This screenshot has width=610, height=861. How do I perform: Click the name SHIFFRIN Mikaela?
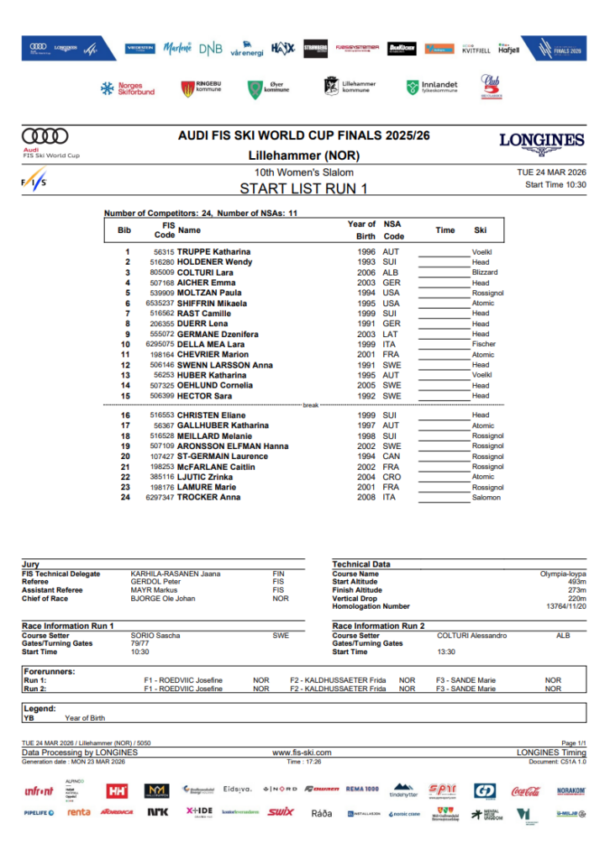click(212, 304)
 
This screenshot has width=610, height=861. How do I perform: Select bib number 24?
click(127, 498)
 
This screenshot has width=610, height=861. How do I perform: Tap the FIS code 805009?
click(162, 272)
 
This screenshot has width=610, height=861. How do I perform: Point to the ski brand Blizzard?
click(484, 272)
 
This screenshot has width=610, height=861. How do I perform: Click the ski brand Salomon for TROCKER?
click(486, 498)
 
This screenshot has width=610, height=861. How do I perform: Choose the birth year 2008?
click(366, 498)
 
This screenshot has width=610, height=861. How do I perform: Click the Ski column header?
click(480, 230)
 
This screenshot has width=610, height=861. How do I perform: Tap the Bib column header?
click(124, 230)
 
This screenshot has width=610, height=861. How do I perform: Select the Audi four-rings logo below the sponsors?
click(45, 136)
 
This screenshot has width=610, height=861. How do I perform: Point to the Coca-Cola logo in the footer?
click(525, 791)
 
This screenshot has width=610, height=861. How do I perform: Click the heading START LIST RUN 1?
click(303, 188)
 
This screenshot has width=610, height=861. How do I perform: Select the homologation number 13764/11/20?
click(565, 606)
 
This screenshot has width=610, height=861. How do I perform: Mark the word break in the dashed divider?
click(311, 404)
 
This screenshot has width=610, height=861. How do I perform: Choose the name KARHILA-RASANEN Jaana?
click(175, 574)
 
